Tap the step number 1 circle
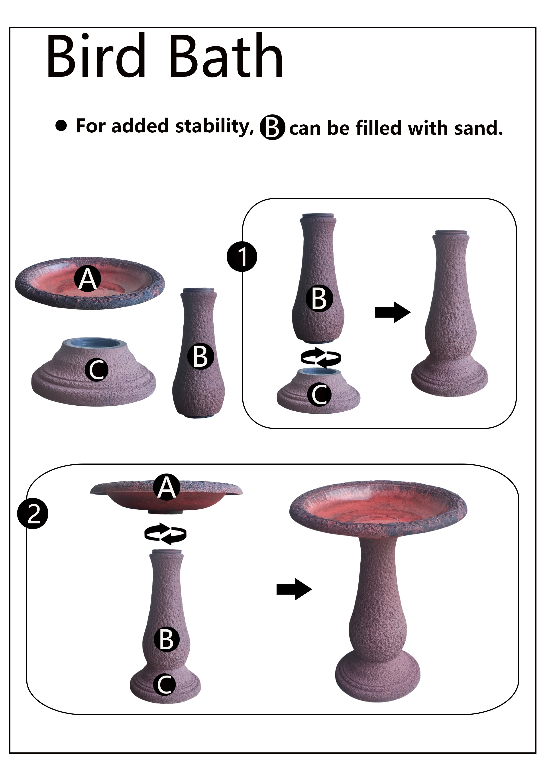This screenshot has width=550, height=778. pyautogui.click(x=242, y=257)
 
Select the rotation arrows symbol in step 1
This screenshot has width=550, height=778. pyautogui.click(x=321, y=357)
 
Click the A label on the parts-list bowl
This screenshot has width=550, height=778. pyautogui.click(x=88, y=279)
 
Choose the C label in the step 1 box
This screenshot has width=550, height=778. pyautogui.click(x=319, y=394)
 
